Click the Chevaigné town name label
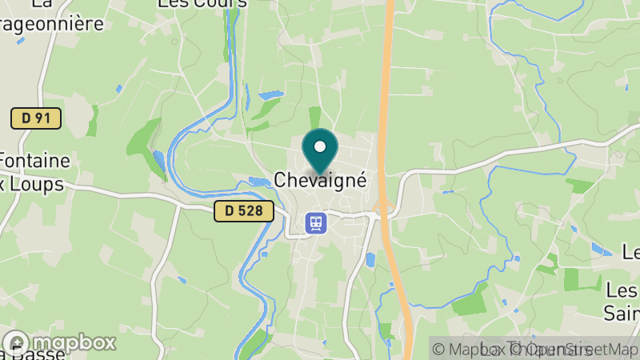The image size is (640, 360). coord(320,181)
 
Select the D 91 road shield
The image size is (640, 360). coord(36,118)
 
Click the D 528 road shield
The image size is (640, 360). coord(244,212)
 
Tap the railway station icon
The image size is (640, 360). coord(315,222)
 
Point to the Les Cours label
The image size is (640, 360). coord(202,4)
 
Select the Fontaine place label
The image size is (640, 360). coord(35,160)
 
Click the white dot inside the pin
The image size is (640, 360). coord(320,146)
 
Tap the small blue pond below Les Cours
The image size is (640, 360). coord(270,95)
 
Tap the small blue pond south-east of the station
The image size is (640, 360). coord(370,259)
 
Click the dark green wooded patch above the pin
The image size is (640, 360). coord(314,117)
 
